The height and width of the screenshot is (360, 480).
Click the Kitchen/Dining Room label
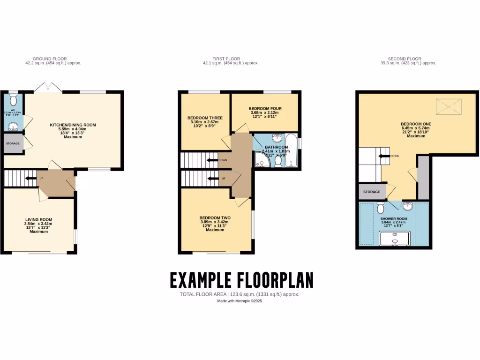click(73, 125)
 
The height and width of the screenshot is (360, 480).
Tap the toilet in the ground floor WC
click(13, 100)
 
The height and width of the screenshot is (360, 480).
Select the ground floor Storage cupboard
click(13, 143)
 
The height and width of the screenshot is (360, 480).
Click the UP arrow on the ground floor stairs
click(33, 178)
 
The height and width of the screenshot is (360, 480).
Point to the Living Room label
click(38, 219)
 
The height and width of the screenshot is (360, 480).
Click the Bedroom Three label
click(205, 118)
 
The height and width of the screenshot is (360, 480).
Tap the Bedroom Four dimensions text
click(265, 114)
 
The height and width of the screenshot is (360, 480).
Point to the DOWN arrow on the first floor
click(213, 160)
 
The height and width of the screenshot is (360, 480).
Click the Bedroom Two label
click(215, 218)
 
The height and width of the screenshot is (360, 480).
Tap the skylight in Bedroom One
click(449, 107)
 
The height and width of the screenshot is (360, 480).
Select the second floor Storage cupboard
click(371, 191)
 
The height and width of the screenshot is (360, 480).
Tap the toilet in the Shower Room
click(381, 207)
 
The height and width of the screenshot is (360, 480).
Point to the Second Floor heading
click(407, 59)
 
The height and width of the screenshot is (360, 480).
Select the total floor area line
click(240, 294)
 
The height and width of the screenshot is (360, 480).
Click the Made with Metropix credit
click(240, 301)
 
